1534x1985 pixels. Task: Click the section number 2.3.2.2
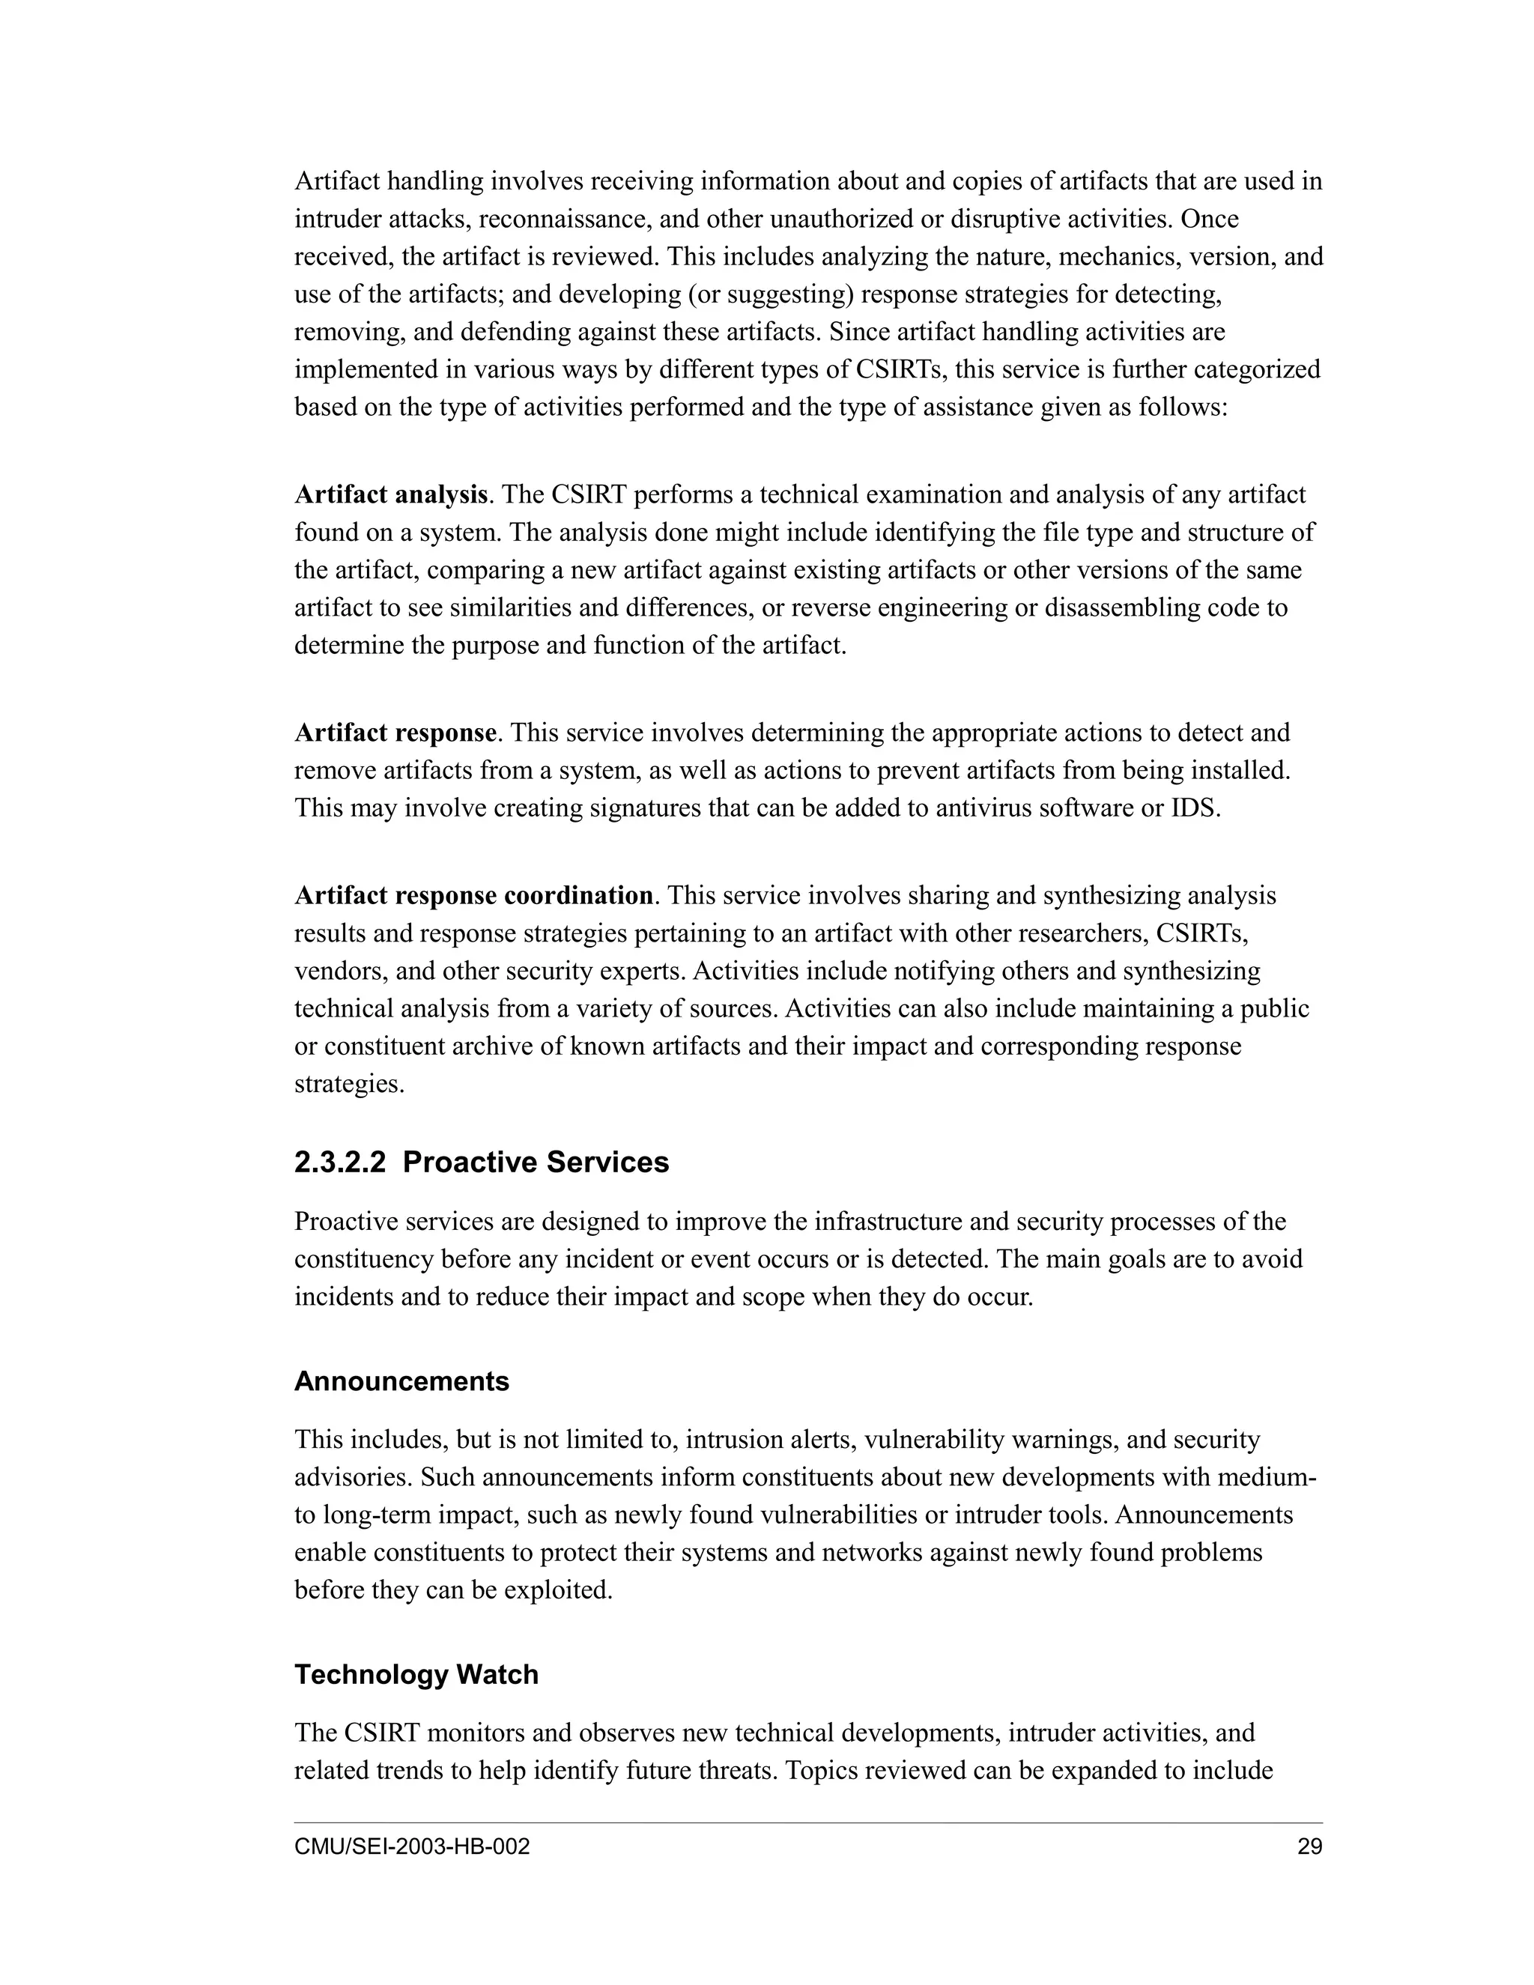[340, 1163]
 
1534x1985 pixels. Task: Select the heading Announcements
[401, 1381]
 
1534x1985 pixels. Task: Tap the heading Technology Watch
[416, 1674]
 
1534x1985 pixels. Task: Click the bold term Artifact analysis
[391, 494]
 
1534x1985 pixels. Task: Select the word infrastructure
[887, 1221]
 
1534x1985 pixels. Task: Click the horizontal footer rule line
[808, 1822]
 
